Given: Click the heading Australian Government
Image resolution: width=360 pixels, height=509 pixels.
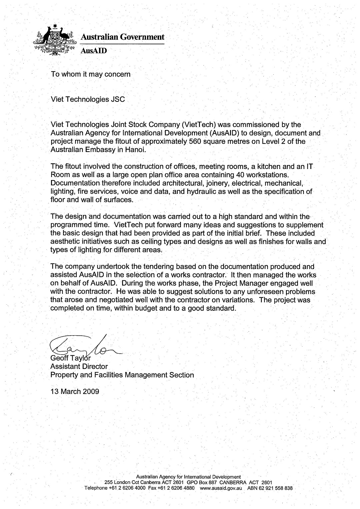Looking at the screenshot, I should coord(123,37).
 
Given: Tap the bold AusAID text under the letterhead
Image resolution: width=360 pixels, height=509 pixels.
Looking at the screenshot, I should coord(94,51).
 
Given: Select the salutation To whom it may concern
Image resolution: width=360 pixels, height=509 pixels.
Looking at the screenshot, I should coord(90,74).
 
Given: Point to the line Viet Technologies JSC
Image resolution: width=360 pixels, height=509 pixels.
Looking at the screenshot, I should coord(88,99).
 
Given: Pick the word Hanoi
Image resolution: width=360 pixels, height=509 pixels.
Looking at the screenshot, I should coord(136,150).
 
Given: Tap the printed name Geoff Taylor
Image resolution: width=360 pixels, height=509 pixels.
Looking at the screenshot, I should coord(70,359).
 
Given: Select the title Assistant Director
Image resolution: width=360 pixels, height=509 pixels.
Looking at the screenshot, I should coord(79,367).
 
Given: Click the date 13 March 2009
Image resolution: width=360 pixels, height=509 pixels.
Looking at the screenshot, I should coord(75,391).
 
